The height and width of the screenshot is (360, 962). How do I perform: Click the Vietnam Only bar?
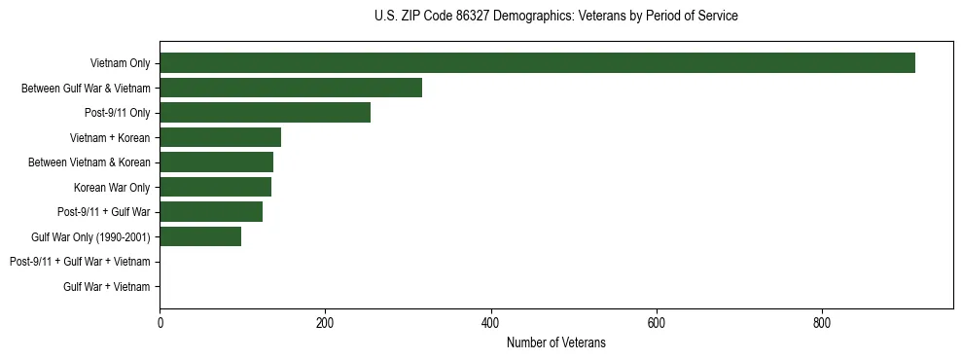click(x=537, y=63)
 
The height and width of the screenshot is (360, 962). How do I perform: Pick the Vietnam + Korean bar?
click(x=220, y=137)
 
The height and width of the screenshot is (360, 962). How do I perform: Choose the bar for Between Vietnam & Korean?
click(x=216, y=162)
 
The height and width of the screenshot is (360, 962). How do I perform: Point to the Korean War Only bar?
click(x=215, y=187)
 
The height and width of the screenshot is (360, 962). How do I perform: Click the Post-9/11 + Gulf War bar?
click(x=211, y=211)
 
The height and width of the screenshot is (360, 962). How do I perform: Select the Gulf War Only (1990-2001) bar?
click(x=200, y=236)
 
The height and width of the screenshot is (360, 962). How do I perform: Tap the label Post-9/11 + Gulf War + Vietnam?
click(x=80, y=262)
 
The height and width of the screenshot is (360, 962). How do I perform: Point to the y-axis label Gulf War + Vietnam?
click(x=107, y=286)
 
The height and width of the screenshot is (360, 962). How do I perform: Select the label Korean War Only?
click(x=112, y=188)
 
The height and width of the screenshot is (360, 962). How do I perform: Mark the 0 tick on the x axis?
click(x=160, y=323)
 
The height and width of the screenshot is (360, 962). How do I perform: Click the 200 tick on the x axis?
click(x=325, y=323)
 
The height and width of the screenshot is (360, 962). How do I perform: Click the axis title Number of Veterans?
click(x=556, y=342)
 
